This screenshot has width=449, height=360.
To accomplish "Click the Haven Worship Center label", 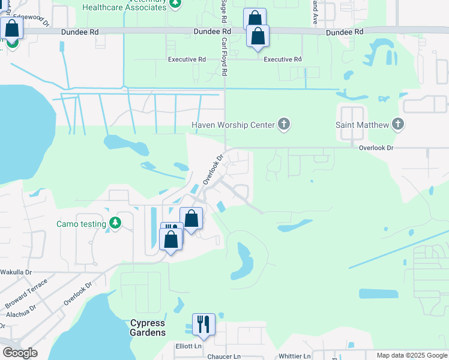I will (233, 125).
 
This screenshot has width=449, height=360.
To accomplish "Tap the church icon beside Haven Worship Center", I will (284, 125).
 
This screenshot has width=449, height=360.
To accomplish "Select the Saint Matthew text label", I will (361, 125).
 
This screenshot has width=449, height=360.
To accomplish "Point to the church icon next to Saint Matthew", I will (397, 125).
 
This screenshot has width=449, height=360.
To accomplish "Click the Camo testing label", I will (81, 224).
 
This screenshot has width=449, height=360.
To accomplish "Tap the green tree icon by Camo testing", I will (115, 224).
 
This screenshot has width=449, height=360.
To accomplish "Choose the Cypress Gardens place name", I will (148, 328).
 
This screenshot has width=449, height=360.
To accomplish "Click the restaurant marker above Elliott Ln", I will (203, 325).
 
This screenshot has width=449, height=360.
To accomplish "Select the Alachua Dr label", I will (21, 313).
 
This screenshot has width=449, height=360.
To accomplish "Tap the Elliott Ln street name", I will (188, 346).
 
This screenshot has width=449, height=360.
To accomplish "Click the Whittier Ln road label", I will (294, 356).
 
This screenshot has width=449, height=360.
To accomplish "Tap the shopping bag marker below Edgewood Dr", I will (12, 28).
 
